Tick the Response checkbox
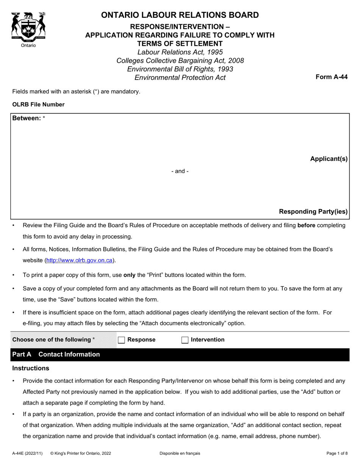[x=121, y=340]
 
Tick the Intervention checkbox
[x=185, y=340]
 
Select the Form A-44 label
[x=332, y=77]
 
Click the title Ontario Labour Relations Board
[x=180, y=15]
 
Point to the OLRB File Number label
[x=38, y=105]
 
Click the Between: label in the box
[x=27, y=118]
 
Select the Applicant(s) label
[x=329, y=159]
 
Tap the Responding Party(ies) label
[x=313, y=211]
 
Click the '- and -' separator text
[x=180, y=171]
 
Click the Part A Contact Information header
[x=56, y=354]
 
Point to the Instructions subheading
[x=31, y=368]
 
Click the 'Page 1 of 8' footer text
[x=337, y=453]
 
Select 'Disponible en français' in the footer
[x=180, y=453]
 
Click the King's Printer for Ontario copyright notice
[x=80, y=453]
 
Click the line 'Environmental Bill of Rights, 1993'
[x=180, y=69]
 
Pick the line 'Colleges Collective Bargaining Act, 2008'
[x=180, y=61]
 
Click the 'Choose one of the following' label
[x=53, y=339]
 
